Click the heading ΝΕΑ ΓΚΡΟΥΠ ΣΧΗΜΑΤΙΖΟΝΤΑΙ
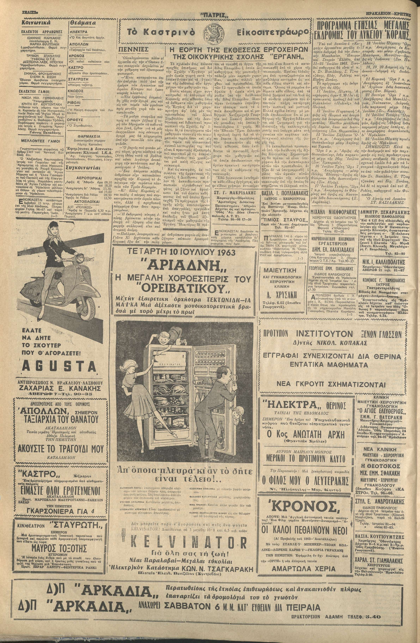[333, 384]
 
